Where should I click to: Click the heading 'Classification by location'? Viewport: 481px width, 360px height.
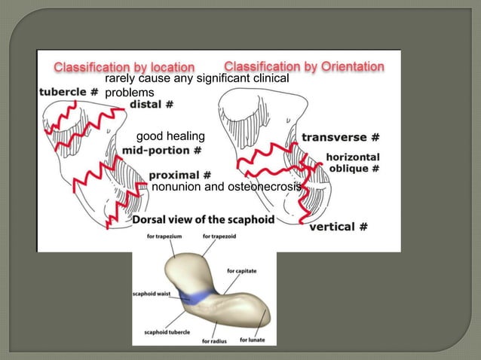pyautogui.click(x=124, y=67)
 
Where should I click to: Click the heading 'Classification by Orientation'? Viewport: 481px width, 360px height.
pyautogui.click(x=304, y=66)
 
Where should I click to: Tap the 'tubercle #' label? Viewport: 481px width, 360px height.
pyautogui.click(x=69, y=92)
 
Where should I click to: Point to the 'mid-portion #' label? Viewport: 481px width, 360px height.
pyautogui.click(x=161, y=151)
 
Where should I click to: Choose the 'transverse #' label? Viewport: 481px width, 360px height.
pyautogui.click(x=340, y=137)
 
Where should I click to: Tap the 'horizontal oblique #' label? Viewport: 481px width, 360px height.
pyautogui.click(x=348, y=163)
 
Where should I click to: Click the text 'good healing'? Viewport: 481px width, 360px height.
pyautogui.click(x=170, y=136)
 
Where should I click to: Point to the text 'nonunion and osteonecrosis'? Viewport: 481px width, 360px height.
pyautogui.click(x=226, y=186)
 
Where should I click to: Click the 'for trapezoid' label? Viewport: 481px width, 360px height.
pyautogui.click(x=219, y=236)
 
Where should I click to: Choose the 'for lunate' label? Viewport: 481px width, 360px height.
pyautogui.click(x=253, y=340)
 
